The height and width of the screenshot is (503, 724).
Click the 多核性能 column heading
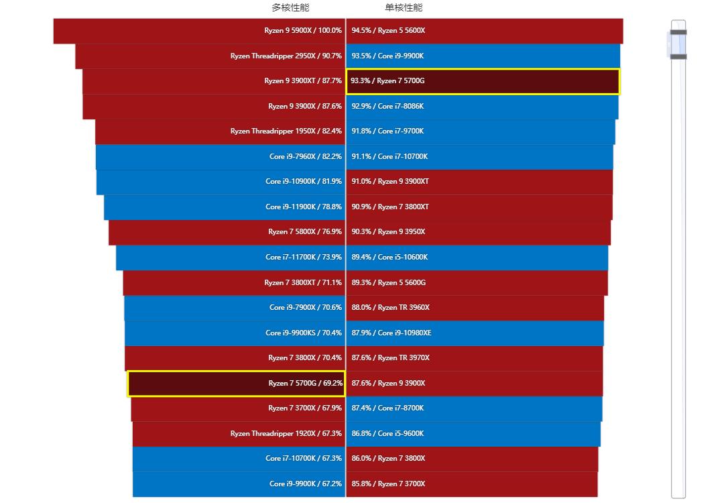[290, 8]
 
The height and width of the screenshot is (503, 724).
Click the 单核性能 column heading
[404, 8]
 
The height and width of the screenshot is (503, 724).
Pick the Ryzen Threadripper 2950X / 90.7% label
[286, 56]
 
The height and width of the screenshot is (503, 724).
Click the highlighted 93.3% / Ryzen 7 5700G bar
[483, 81]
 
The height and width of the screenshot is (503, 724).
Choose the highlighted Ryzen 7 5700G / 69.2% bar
[236, 384]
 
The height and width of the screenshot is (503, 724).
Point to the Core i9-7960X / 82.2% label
[305, 157]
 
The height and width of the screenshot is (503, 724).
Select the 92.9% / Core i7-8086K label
[387, 107]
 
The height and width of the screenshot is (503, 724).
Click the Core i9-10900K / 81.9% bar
[221, 182]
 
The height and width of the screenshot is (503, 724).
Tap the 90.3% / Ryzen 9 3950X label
[388, 232]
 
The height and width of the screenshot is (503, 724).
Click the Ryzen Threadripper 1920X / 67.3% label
[286, 434]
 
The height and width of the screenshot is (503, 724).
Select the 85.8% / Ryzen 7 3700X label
[388, 484]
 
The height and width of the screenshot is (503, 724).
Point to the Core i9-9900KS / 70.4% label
[303, 333]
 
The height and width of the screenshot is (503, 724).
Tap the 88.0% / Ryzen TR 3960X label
[390, 308]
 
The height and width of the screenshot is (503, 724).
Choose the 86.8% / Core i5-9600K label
[387, 434]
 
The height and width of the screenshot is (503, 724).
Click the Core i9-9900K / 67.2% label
[305, 484]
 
